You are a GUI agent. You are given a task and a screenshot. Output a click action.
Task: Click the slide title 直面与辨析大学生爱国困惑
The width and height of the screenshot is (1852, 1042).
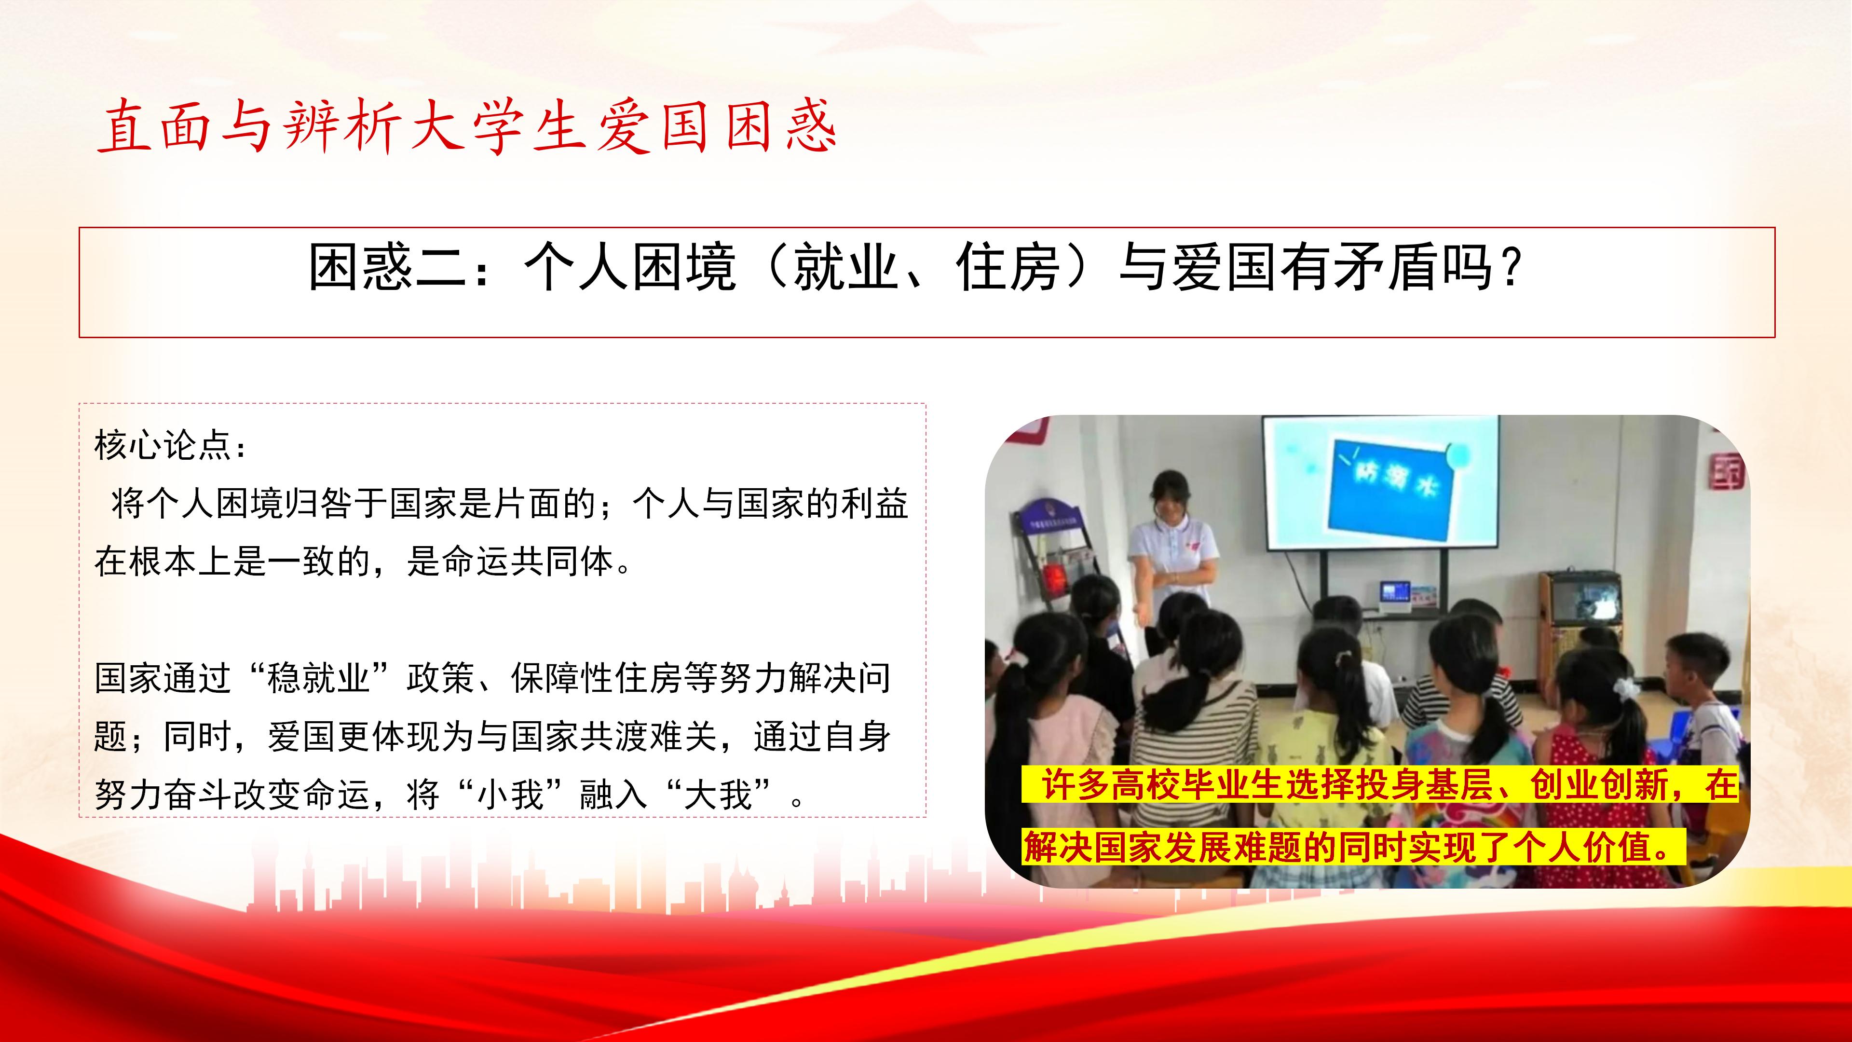coord(467,128)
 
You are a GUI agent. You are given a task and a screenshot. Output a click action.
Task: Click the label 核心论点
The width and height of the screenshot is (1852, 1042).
coord(164,446)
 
